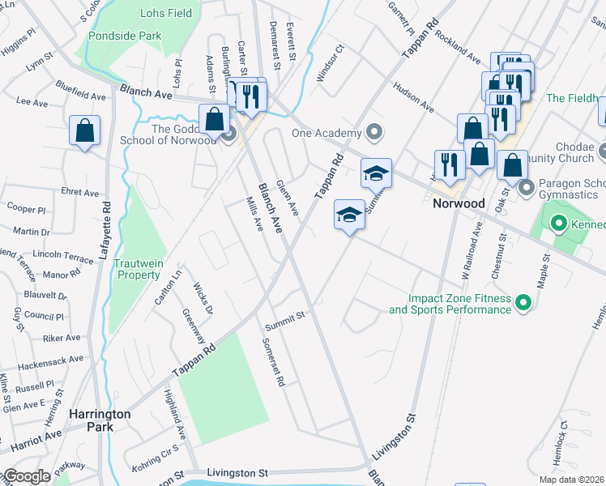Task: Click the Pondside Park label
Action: [x=126, y=36]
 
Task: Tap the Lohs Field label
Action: [x=165, y=14]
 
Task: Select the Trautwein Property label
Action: [x=137, y=269]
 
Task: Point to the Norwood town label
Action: [x=458, y=203]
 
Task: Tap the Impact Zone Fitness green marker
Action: [x=523, y=304]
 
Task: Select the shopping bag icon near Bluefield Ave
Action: [x=85, y=131]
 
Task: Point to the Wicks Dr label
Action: [x=203, y=299]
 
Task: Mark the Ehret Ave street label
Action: [x=80, y=193]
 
